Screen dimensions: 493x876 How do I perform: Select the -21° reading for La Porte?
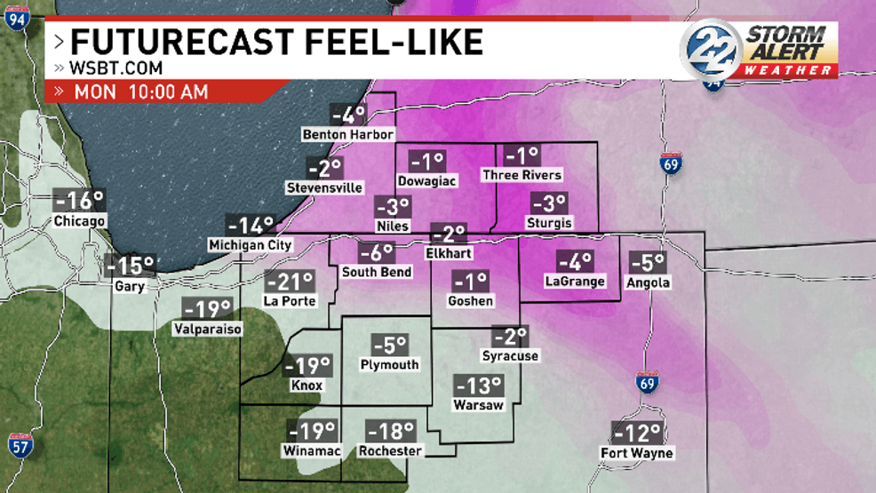click(x=290, y=282)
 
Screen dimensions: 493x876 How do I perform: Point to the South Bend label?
click(x=377, y=271)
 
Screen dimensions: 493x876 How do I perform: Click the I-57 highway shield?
click(x=20, y=445)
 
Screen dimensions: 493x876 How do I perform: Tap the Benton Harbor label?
click(x=347, y=134)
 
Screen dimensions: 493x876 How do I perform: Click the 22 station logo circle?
click(x=711, y=49)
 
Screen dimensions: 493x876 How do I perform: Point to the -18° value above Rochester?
click(x=390, y=433)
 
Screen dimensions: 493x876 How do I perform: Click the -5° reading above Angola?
click(x=647, y=263)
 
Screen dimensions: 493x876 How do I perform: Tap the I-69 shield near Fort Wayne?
click(x=647, y=384)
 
